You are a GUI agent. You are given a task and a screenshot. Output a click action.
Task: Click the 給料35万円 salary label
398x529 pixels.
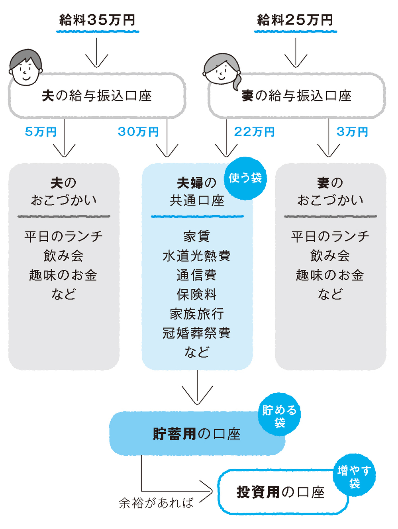[x=98, y=20]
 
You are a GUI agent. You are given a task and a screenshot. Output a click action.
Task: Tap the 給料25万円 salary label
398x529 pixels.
[x=295, y=20]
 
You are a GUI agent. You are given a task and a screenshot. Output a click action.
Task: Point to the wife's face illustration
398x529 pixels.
[x=222, y=70]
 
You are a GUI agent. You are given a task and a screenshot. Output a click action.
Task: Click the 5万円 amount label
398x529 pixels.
[x=41, y=132]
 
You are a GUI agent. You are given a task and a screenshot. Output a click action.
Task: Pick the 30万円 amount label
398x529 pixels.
[x=138, y=132]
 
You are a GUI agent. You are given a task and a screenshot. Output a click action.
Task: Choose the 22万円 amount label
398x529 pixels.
[x=254, y=132]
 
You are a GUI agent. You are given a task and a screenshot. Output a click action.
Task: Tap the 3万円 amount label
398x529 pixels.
[x=352, y=132]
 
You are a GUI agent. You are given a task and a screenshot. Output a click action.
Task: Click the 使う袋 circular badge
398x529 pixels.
[x=245, y=178]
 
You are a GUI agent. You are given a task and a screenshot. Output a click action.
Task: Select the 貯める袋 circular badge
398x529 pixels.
[x=279, y=415]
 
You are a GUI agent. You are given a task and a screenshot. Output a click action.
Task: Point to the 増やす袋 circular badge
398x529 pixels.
[x=354, y=476]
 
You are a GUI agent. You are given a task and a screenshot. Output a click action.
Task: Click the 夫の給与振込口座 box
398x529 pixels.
[x=97, y=96]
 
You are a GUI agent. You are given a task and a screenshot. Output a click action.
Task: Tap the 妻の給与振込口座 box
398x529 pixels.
[x=296, y=96]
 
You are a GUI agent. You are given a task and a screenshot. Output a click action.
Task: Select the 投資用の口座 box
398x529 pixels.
[x=280, y=492]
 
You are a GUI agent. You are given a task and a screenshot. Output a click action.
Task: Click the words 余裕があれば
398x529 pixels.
[x=156, y=503]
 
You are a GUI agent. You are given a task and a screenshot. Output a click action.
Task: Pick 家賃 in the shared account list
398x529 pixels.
[x=197, y=237]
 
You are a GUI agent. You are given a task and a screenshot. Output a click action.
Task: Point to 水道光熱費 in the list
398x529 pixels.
[x=197, y=256]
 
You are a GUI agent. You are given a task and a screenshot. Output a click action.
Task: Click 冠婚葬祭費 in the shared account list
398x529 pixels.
[x=197, y=333]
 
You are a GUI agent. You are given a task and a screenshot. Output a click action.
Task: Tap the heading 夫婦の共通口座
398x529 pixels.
[x=197, y=192]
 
